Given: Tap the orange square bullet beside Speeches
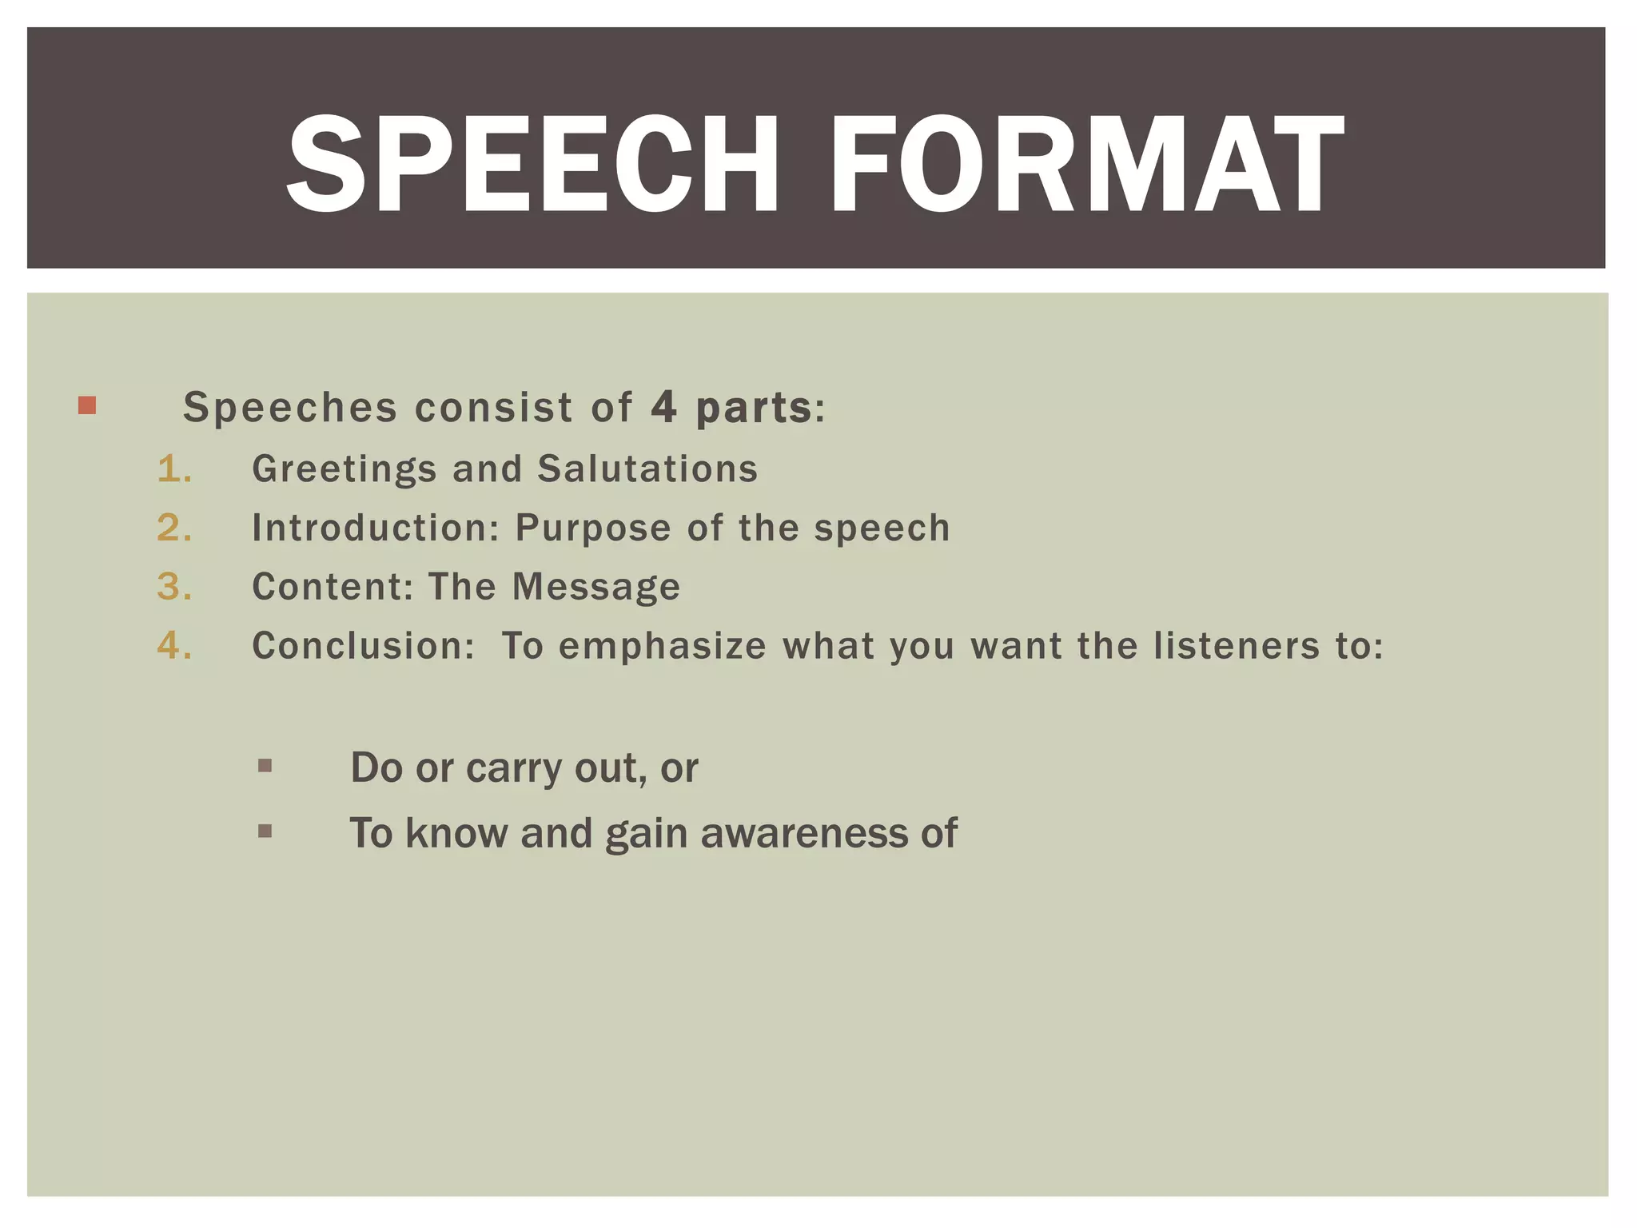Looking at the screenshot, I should pos(87,405).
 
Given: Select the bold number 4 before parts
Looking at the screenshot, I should pos(663,407).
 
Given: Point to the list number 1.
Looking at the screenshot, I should pos(174,468).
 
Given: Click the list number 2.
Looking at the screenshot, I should pos(174,528).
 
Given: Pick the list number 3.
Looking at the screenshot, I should pos(174,587).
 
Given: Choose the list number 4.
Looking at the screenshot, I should pos(174,646).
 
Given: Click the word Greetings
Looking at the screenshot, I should pos(345,469).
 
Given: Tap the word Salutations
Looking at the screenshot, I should pos(647,468).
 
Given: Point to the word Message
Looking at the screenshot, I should pos(596,588).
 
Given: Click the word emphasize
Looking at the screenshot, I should pos(663,647).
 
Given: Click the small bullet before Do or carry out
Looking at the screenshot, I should pos(265,766).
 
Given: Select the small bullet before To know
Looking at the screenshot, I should pos(265,831).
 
